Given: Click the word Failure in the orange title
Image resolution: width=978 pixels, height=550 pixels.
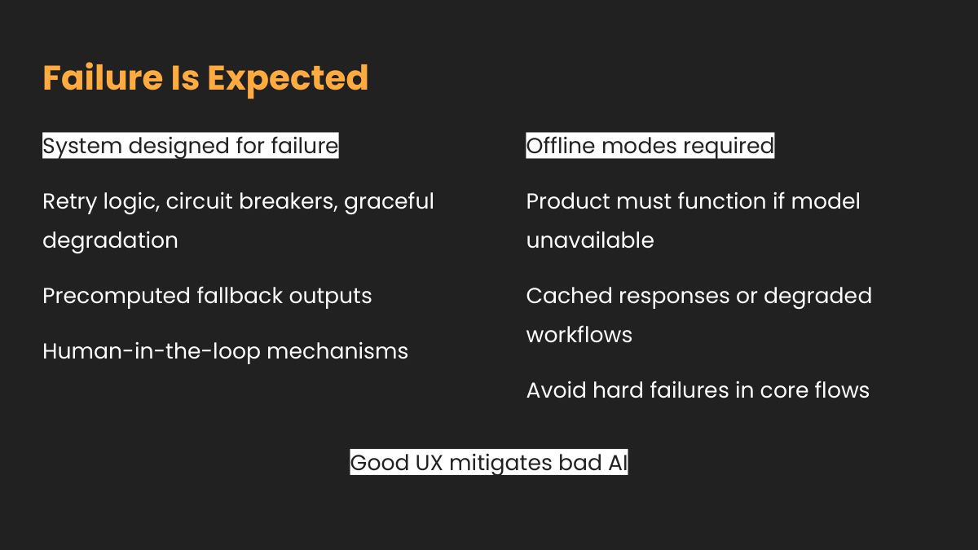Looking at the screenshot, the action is coord(103,77).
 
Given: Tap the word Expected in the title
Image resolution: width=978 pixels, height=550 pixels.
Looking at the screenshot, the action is coord(288,81).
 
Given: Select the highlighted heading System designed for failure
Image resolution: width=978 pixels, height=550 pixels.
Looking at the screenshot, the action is coord(191,145).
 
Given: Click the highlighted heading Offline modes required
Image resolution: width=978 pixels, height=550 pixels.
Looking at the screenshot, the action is coord(650,145).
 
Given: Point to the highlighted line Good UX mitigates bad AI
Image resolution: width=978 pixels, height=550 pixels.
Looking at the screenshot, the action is coord(489,462).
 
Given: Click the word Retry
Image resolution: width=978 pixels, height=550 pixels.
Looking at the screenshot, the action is coord(69,202).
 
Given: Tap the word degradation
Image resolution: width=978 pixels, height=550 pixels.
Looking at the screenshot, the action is coord(111,240).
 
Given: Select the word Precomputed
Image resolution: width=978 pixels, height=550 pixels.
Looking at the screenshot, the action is coord(117,297).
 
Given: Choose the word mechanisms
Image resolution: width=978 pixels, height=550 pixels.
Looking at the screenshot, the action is coord(337,351).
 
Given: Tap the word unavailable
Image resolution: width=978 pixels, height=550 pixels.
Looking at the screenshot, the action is coord(590,240).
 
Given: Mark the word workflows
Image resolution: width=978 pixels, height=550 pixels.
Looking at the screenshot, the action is coord(579,335).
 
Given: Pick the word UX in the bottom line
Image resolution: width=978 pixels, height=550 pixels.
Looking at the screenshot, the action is coord(430,463).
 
